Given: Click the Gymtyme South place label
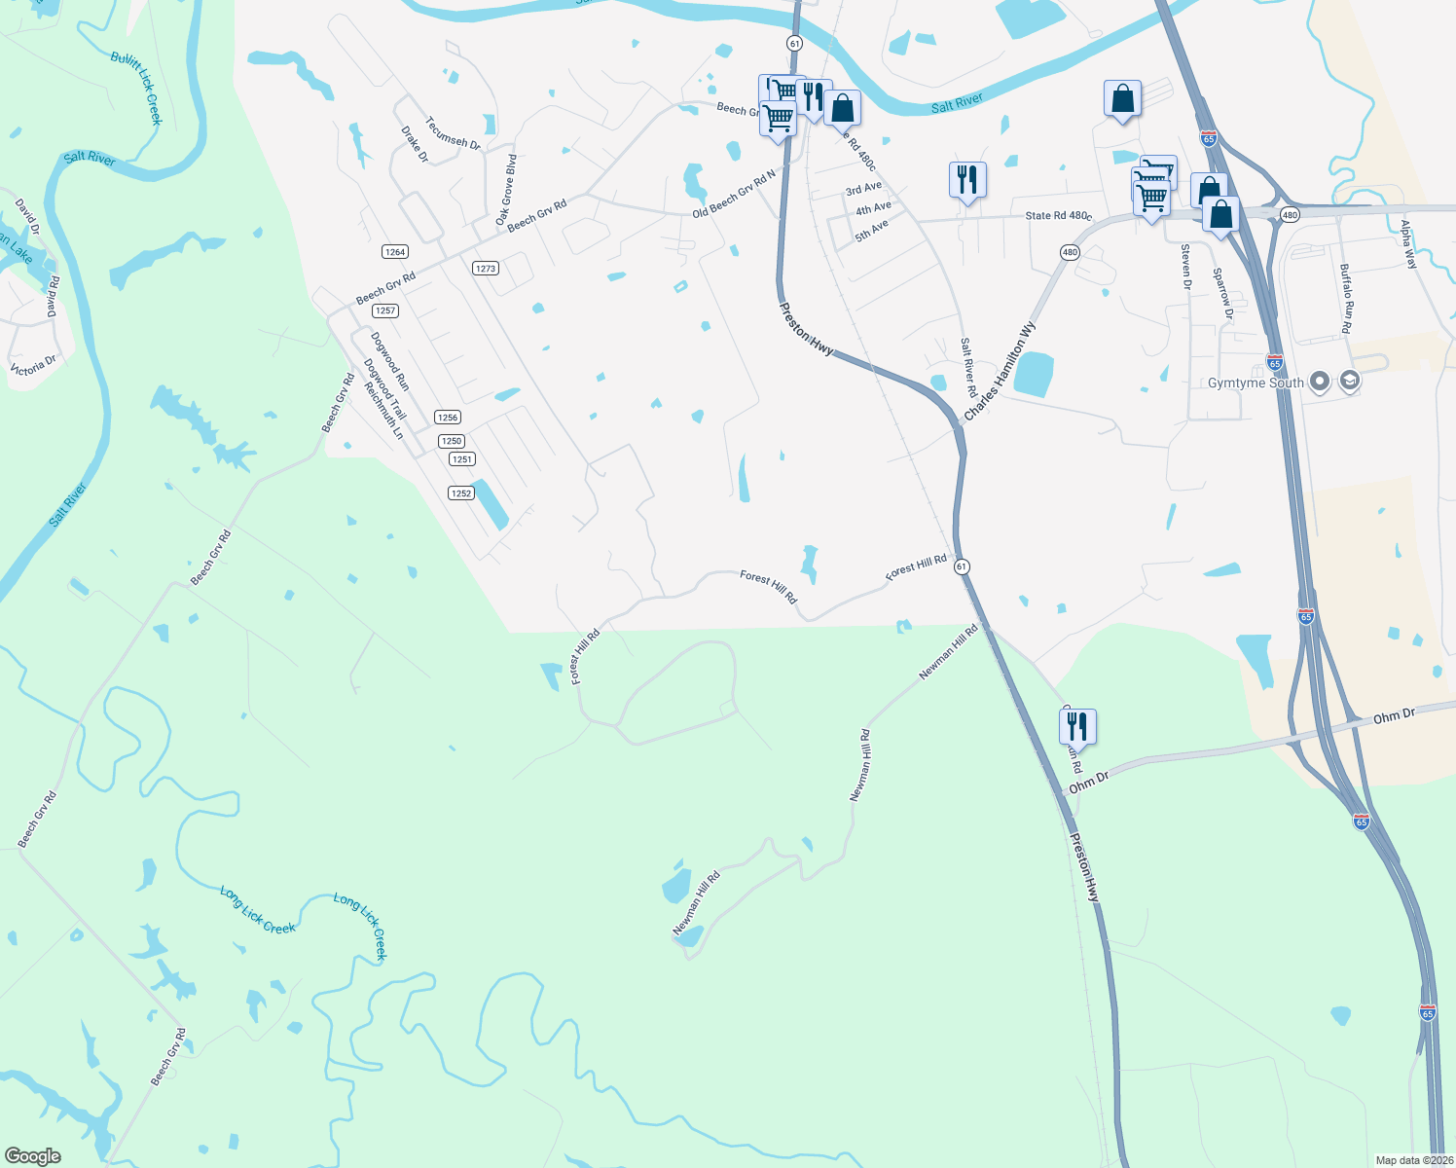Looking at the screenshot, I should click(1256, 383).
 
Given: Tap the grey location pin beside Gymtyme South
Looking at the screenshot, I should click(1320, 382).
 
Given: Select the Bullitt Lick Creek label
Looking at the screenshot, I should click(136, 88).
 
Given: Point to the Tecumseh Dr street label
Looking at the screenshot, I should click(453, 132).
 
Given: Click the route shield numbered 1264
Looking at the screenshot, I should click(394, 252).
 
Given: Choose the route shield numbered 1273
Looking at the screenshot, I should click(486, 268).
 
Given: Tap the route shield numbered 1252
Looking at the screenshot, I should click(461, 493).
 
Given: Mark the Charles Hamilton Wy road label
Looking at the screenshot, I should click(1000, 372).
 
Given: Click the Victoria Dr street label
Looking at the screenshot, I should click(33, 367).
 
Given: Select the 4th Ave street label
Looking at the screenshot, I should click(873, 208).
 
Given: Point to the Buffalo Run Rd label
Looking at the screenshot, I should click(1345, 298).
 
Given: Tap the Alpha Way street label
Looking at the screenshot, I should click(1407, 244).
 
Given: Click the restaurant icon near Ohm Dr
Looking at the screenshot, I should click(1077, 726).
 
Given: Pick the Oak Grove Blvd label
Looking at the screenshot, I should click(506, 191).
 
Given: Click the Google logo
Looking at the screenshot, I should click(33, 1155).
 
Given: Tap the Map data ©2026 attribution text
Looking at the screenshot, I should click(1413, 1160).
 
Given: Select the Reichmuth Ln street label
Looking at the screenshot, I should click(382, 410).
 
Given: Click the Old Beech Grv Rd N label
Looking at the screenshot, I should click(734, 193).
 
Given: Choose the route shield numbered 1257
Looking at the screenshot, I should click(385, 310).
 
